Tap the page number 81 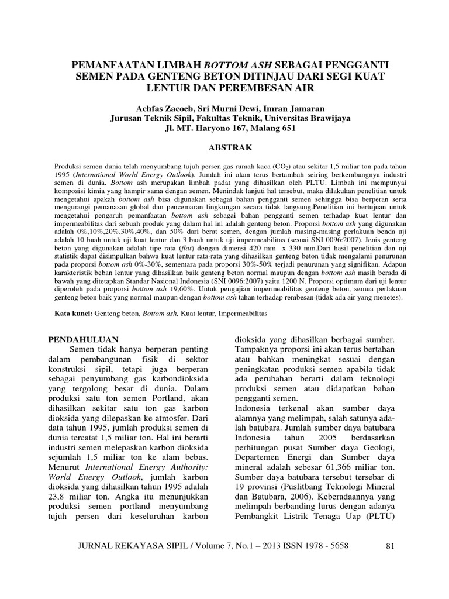392,546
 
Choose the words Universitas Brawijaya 313,118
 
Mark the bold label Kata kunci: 74,314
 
